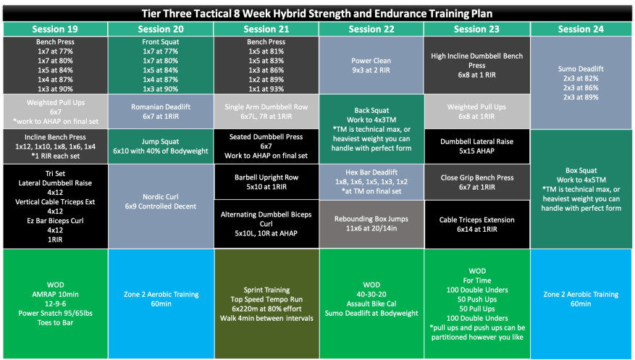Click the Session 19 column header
[x=55, y=29]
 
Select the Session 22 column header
[x=371, y=29]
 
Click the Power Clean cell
[x=371, y=65]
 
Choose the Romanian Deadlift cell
[x=160, y=112]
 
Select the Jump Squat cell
[x=160, y=146]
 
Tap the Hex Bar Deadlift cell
[x=371, y=181]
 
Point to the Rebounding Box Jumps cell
[x=371, y=224]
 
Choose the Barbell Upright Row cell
[x=266, y=181]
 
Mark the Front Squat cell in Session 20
[x=160, y=65]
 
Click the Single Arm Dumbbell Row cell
[x=266, y=112]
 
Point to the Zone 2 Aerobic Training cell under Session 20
[x=160, y=300]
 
